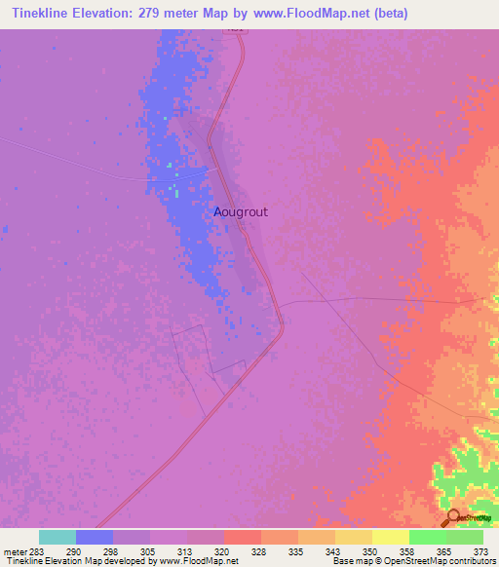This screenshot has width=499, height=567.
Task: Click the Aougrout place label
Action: (x=241, y=210)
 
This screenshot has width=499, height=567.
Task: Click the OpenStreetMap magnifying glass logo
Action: (x=453, y=517)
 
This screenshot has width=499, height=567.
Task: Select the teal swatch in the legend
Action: (x=58, y=537)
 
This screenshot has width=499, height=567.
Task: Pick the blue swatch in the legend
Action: (x=95, y=537)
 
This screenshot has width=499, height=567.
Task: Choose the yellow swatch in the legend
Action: (x=390, y=537)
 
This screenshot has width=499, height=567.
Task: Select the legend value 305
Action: (x=148, y=551)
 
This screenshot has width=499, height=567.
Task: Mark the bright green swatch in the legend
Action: (x=427, y=537)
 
